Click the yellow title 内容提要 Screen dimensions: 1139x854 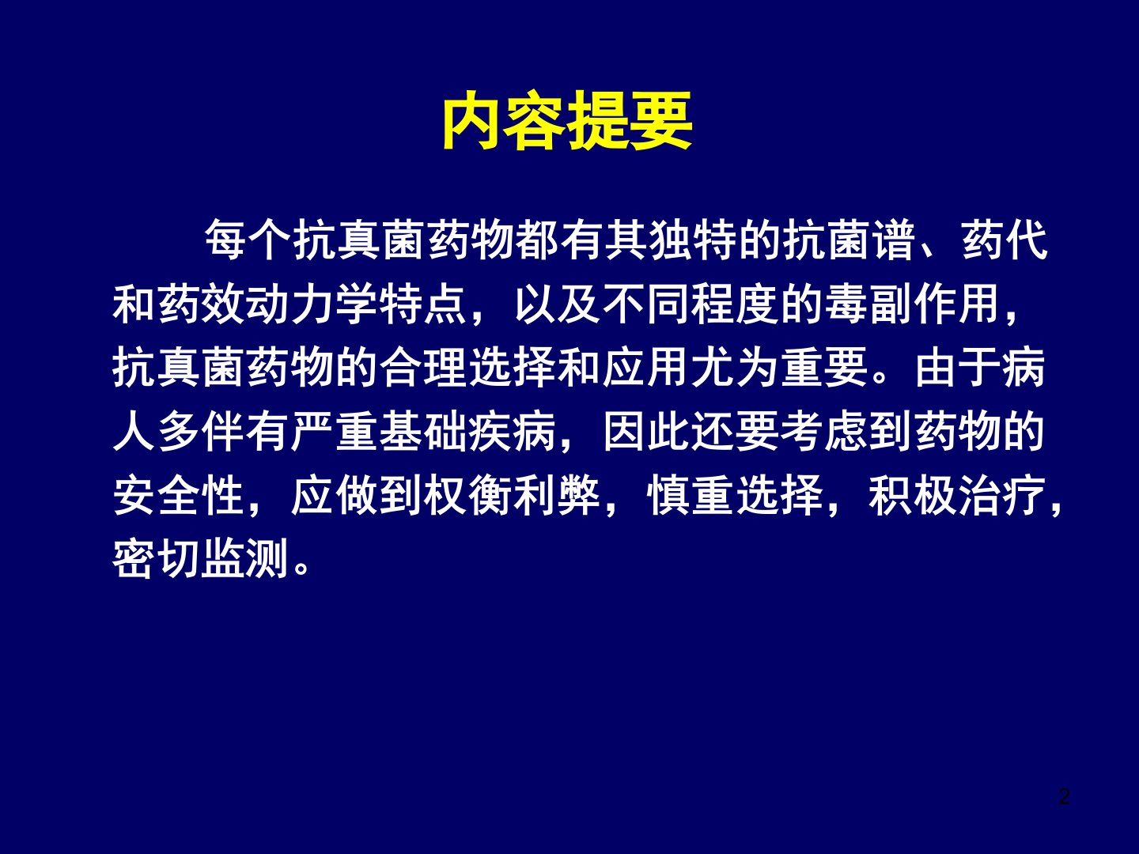(568, 121)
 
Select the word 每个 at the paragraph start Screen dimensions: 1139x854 (248, 241)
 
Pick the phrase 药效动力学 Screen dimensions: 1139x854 (268, 304)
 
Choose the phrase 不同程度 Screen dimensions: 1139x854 (691, 304)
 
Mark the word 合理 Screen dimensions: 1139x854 (423, 368)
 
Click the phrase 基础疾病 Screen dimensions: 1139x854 (468, 431)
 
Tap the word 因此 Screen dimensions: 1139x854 (646, 431)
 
